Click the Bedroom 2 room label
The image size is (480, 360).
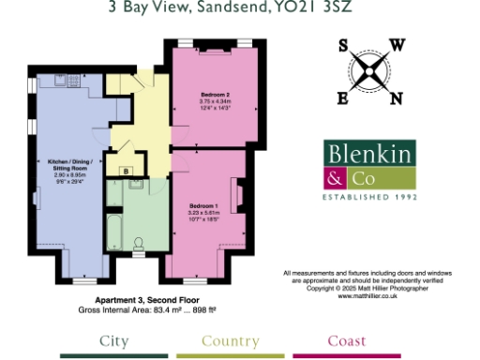pyautogui.click(x=215, y=95)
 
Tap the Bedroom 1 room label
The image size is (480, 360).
pyautogui.click(x=202, y=205)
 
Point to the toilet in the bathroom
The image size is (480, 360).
pyautogui.click(x=140, y=245)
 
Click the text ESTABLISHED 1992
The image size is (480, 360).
pyautogui.click(x=368, y=198)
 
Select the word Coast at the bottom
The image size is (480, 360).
pyautogui.click(x=347, y=340)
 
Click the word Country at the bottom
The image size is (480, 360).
pyautogui.click(x=230, y=340)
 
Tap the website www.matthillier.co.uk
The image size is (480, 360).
pyautogui.click(x=368, y=294)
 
